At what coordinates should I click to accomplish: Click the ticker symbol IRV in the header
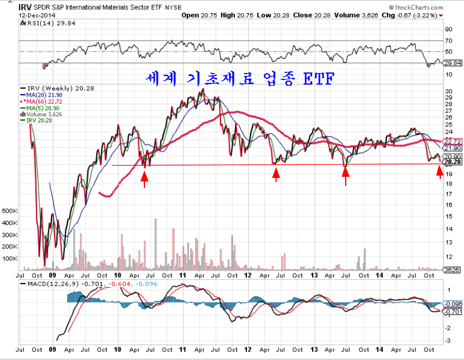click(25, 8)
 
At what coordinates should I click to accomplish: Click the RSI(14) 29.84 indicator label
click(40, 23)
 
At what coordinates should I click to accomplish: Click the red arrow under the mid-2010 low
click(144, 179)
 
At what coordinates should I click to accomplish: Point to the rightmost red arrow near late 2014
click(440, 172)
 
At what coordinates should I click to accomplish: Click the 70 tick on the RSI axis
click(448, 41)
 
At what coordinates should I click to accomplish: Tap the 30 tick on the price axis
click(448, 92)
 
